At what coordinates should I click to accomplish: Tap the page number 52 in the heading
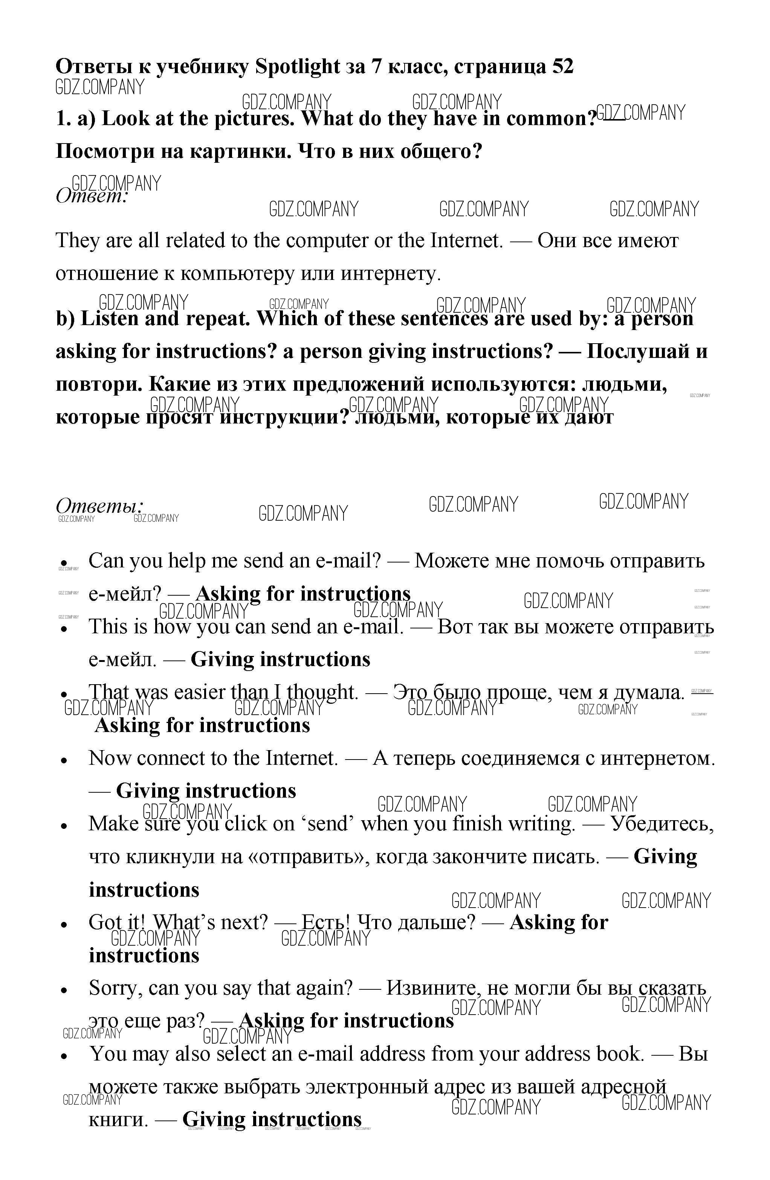[x=562, y=66]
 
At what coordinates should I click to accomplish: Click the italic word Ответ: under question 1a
[x=92, y=196]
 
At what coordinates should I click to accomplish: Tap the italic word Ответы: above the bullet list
[x=99, y=506]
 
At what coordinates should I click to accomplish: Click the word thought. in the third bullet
[x=322, y=692]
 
